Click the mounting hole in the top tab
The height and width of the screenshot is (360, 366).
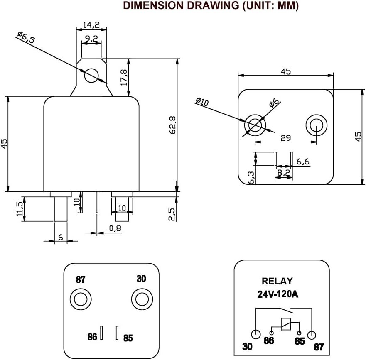point(91,76)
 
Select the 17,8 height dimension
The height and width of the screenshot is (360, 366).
point(123,78)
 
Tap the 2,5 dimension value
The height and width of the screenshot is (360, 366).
point(172,214)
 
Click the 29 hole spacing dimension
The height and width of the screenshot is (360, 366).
point(285,138)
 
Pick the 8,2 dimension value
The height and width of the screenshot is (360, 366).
point(283,171)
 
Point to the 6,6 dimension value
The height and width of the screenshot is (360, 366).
point(303,162)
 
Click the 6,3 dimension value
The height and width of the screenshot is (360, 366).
point(250,177)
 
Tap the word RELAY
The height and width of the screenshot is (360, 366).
point(277,281)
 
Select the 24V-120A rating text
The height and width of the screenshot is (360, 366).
point(278,294)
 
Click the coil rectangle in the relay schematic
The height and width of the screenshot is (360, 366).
point(285,324)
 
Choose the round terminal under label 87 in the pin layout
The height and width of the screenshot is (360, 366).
point(79,299)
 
